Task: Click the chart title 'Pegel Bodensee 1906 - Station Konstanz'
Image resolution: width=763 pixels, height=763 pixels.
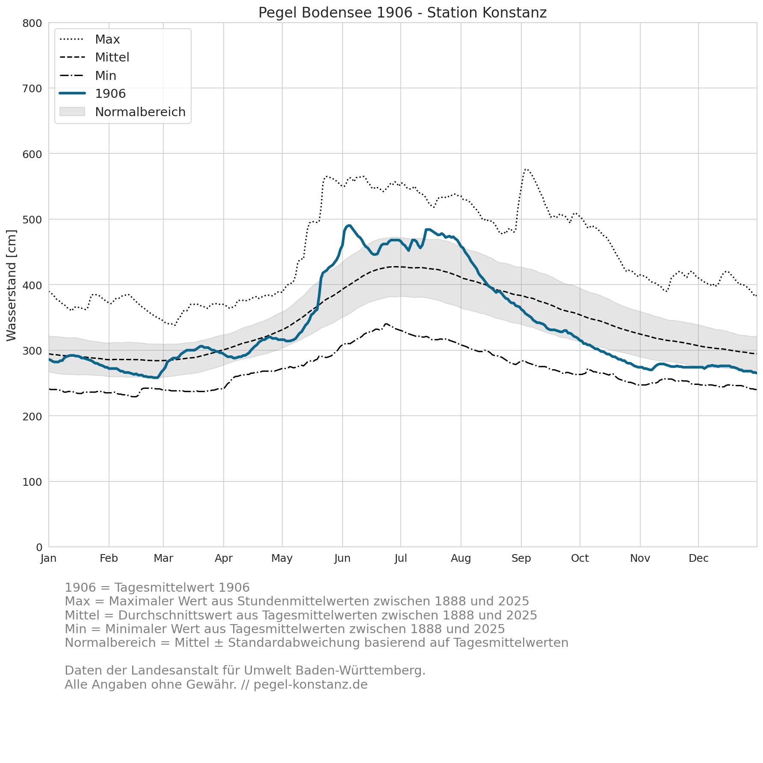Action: point(402,13)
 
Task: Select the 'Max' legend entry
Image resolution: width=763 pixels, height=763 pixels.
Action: point(90,39)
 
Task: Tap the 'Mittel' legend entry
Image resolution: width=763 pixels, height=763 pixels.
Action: point(94,57)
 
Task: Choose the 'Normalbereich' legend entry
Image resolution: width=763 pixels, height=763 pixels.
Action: point(122,112)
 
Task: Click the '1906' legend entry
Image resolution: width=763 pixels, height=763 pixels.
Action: point(92,94)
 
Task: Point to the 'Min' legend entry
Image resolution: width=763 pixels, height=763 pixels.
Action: point(88,76)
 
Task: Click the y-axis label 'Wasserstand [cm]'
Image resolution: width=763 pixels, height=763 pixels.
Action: point(12,285)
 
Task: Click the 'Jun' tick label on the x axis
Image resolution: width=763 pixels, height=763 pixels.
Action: point(342,558)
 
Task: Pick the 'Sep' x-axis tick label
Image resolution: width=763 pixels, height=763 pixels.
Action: point(521,558)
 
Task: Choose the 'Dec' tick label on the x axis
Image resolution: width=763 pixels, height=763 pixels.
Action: point(698,558)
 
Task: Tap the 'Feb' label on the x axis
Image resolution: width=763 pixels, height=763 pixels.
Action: point(109,558)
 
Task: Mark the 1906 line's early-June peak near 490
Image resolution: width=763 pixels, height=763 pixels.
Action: point(349,225)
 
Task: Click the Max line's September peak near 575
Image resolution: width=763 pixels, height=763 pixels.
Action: point(526,169)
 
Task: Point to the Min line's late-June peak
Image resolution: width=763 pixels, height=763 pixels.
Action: point(386,324)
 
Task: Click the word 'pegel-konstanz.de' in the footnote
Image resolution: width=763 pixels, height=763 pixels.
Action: point(311,685)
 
